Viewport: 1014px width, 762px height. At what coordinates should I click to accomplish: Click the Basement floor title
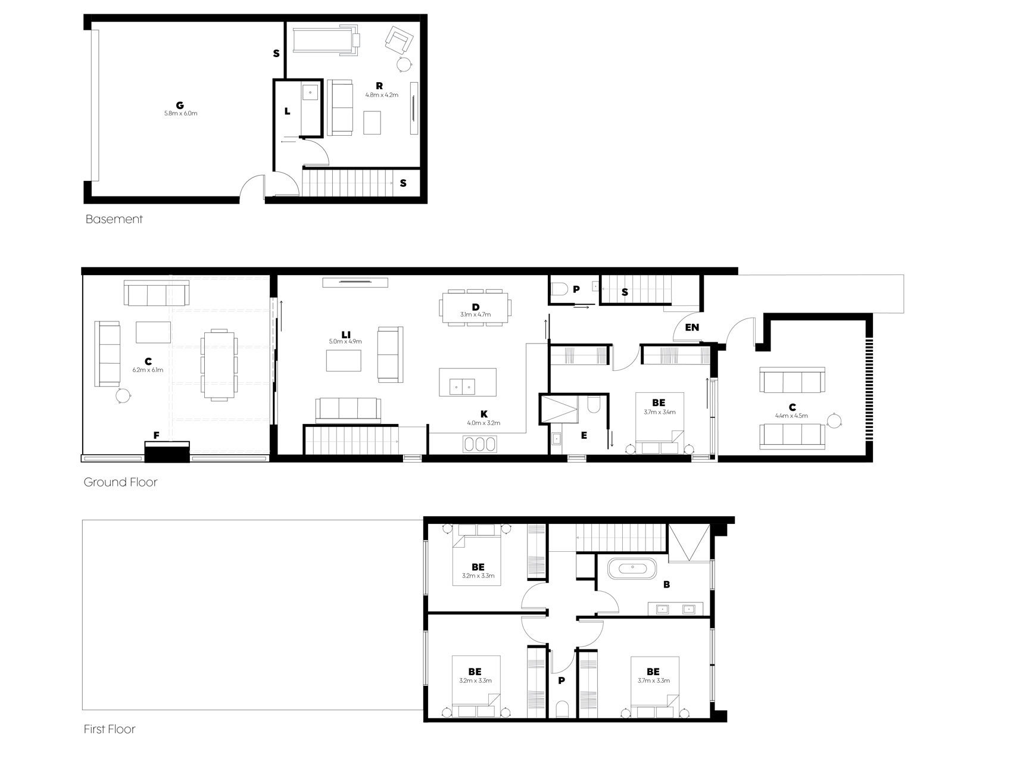click(114, 219)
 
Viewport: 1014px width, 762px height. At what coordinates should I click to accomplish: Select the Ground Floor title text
click(121, 482)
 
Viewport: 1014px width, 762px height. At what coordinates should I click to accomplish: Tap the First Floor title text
click(110, 729)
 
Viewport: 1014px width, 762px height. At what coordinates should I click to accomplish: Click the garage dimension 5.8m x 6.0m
click(180, 113)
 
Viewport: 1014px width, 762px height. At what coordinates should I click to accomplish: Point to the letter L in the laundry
click(288, 111)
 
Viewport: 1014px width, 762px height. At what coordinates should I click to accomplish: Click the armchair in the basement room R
click(399, 40)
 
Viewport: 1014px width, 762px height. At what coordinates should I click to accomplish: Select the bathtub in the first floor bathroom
click(632, 568)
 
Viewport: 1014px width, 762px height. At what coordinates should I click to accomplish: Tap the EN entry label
click(692, 327)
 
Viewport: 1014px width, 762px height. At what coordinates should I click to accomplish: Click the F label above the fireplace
click(157, 436)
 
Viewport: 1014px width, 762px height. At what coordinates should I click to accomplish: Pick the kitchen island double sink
click(462, 387)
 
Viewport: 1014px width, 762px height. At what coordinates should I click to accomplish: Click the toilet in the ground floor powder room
click(559, 290)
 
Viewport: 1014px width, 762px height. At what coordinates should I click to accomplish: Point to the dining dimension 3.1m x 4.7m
click(475, 314)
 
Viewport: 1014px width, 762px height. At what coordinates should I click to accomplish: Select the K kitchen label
click(484, 414)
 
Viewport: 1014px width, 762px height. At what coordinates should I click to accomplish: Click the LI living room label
click(345, 333)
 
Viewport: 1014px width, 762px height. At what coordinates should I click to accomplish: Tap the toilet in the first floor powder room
click(561, 709)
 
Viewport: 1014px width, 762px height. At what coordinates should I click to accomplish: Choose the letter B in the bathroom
click(666, 585)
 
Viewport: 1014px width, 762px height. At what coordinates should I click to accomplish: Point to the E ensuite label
click(584, 436)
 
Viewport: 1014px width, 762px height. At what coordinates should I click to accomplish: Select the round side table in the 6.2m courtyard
click(123, 395)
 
